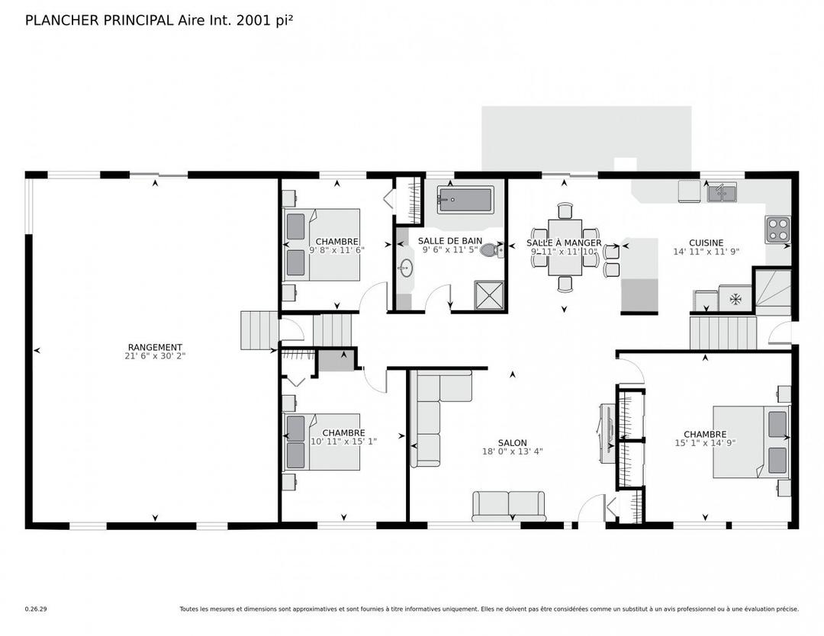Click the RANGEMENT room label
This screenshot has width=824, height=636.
point(155,347)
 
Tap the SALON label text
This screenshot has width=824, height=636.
point(512,442)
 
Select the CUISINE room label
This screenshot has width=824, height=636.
point(706,243)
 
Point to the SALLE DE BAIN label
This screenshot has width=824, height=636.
point(449,240)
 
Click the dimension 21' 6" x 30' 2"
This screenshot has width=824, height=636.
point(155,356)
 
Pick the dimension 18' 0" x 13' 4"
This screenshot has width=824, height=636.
point(512,451)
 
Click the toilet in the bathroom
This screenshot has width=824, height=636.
point(492,249)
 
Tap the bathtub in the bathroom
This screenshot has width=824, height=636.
point(465,201)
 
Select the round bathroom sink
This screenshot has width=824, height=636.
point(406,268)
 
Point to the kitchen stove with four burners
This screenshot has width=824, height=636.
point(777,229)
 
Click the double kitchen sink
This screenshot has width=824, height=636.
point(721,194)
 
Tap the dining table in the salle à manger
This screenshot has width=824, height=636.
point(565,246)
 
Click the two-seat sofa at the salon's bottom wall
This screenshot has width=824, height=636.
point(509,505)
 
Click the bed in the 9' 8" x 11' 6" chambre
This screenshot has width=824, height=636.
point(322,245)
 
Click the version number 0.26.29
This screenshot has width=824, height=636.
point(36,609)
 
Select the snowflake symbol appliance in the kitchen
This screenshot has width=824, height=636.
point(735,299)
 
